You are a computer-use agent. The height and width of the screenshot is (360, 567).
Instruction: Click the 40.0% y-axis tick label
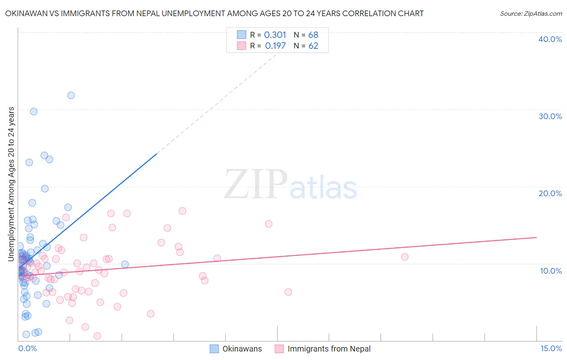pos(550,39)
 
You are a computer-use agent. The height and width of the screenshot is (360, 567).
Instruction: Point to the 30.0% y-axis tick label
pos(550,116)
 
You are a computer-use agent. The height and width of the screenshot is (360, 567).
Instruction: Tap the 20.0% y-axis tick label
pos(550,193)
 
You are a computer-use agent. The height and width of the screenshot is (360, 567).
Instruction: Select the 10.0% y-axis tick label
pos(550,271)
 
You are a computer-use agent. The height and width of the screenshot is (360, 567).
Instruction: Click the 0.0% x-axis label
pos(27,348)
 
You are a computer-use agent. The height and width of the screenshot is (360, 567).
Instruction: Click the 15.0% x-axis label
pos(551,348)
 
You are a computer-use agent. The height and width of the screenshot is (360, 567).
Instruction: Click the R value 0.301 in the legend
pos(275,35)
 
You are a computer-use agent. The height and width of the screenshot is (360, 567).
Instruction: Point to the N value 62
pos(313,46)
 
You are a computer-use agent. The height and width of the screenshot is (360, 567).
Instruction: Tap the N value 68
pos(313,35)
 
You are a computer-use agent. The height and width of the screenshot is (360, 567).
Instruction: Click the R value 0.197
pos(275,46)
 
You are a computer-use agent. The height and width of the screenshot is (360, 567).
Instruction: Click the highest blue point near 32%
pos(71,95)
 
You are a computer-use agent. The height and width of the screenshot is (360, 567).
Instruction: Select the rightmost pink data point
pos(404,257)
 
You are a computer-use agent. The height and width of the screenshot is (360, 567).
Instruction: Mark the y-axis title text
pos(11,184)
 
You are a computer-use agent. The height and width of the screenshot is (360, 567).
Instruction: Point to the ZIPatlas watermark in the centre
pos(290,185)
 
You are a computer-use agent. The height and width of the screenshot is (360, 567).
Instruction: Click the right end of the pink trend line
pos(536,237)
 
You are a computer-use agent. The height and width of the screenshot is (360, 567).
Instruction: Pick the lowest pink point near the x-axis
pos(97,336)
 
